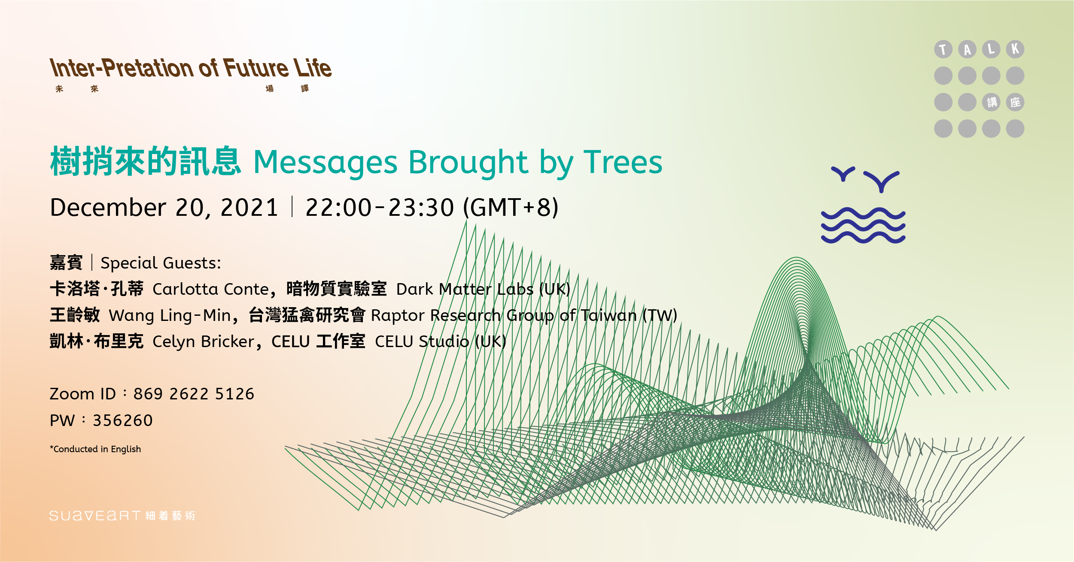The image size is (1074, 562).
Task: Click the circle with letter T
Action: pyautogui.click(x=943, y=49)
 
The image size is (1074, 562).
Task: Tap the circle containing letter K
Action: pyautogui.click(x=1015, y=49)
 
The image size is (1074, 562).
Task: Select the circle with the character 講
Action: pyautogui.click(x=991, y=102)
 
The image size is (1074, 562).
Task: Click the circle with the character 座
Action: pyautogui.click(x=1015, y=102)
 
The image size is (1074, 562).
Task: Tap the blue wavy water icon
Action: pyautogui.click(x=863, y=225)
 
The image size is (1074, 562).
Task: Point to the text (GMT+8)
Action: pyautogui.click(x=511, y=208)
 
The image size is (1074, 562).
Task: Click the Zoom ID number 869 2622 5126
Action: pyautogui.click(x=194, y=394)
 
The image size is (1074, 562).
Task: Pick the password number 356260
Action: pyautogui.click(x=123, y=420)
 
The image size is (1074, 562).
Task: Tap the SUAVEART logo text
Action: pyautogui.click(x=95, y=516)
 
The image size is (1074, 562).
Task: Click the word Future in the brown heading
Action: pyautogui.click(x=256, y=68)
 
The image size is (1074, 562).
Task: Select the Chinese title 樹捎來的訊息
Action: pyautogui.click(x=146, y=161)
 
